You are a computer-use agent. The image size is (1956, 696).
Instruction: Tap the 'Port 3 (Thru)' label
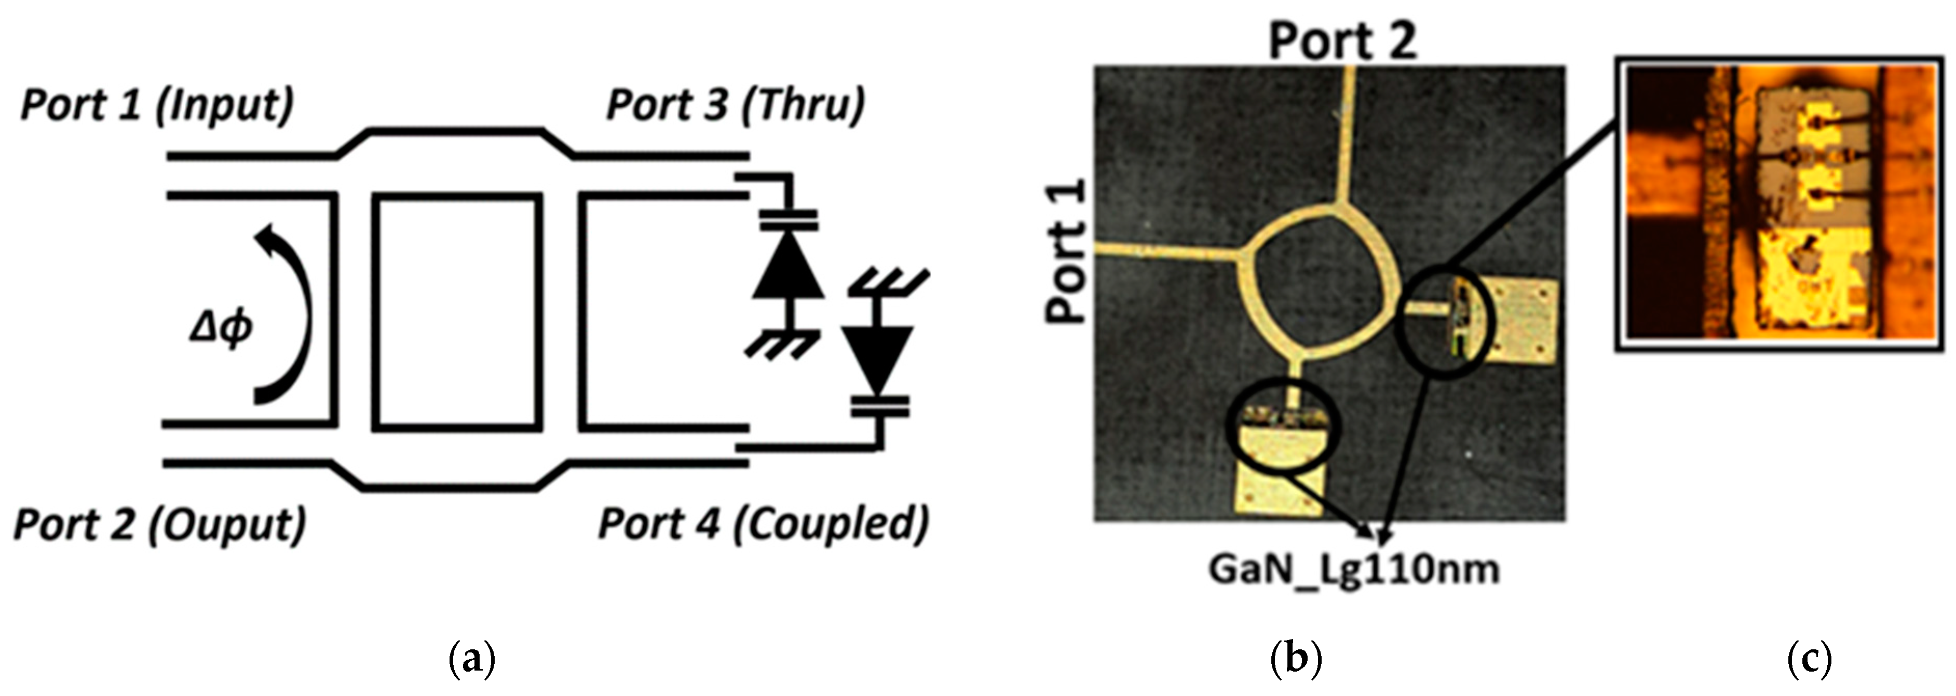(x=735, y=105)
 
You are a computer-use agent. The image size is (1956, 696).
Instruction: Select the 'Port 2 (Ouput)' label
(x=159, y=524)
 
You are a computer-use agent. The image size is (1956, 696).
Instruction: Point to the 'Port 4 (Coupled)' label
(x=763, y=524)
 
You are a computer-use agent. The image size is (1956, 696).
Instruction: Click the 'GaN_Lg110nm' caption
(x=1353, y=569)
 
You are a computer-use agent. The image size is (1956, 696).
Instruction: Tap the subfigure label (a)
(x=472, y=657)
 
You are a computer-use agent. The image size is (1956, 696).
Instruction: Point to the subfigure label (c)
(x=1810, y=657)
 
